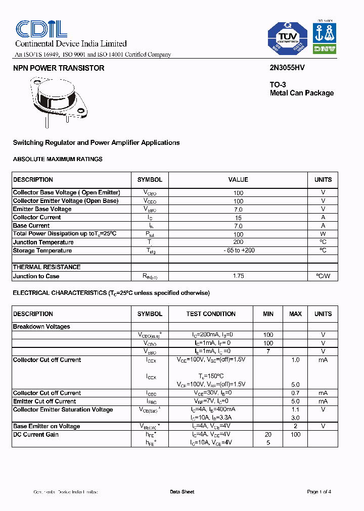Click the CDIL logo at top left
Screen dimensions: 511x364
(x=41, y=29)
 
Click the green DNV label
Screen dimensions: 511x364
(x=324, y=49)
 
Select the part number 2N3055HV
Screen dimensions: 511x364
(x=287, y=68)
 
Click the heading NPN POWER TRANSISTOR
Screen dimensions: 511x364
(x=59, y=68)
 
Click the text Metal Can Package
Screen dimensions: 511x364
(x=301, y=93)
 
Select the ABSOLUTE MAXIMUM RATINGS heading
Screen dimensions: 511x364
(x=58, y=159)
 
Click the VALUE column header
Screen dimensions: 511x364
(x=238, y=180)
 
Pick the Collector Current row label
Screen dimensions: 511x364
(x=37, y=217)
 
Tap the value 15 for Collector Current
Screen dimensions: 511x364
(x=238, y=218)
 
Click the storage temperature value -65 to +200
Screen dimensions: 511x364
(x=238, y=251)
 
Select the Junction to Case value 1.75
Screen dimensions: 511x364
(x=238, y=276)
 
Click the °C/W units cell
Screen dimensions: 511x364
(x=323, y=276)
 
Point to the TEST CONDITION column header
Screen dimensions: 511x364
(x=211, y=314)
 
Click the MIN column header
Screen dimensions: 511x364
(x=268, y=314)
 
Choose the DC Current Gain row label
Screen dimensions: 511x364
(x=36, y=435)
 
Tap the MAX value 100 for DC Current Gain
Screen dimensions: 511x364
(x=295, y=435)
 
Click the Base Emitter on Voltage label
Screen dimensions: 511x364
(x=47, y=426)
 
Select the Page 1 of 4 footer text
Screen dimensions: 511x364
(x=319, y=492)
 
